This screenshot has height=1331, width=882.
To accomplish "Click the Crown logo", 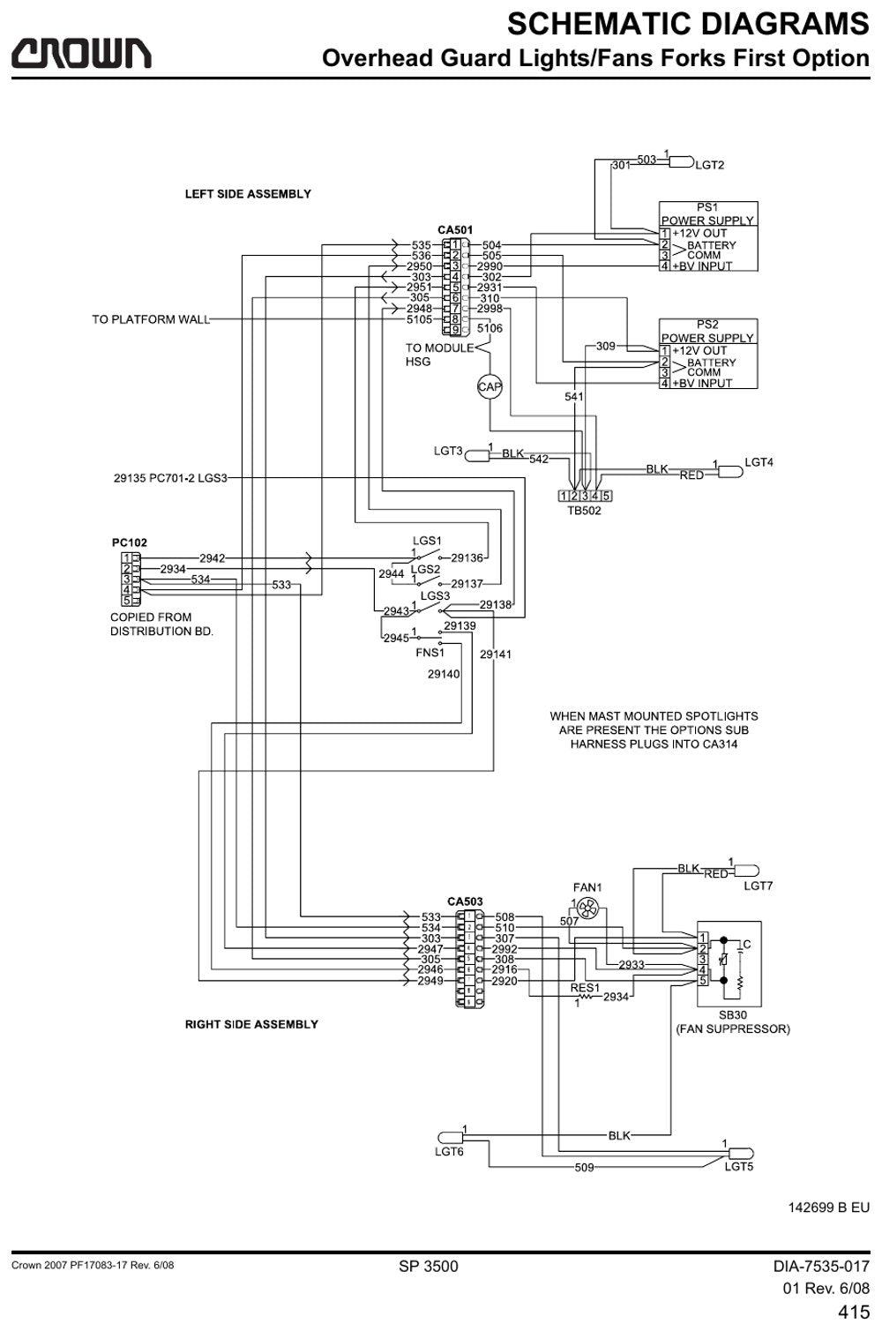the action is point(81,54).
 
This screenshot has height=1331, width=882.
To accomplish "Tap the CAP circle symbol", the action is point(490,387).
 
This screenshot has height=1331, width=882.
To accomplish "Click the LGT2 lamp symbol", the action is point(682,161).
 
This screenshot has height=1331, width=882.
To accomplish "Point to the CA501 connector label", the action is point(455,230).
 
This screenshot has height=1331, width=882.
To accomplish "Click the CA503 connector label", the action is point(465,901).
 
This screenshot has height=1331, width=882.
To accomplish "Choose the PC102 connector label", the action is point(129,542).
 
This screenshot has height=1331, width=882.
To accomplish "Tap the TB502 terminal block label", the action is point(584,511).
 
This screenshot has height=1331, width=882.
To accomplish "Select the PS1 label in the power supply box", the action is point(707,207).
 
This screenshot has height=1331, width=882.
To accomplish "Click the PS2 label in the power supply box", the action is point(707,325).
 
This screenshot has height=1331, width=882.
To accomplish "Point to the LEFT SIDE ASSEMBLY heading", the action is point(248,194).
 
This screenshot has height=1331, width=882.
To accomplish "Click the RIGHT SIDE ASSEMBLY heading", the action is point(251,1024).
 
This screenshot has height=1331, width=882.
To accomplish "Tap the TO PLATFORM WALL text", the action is point(151,319).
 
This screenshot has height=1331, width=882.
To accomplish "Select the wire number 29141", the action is point(495,654).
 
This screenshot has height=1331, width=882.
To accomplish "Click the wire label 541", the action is point(574,396).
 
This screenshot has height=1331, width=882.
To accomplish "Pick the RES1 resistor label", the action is point(585,988).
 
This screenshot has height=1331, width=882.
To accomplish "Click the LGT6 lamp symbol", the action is point(450,1137).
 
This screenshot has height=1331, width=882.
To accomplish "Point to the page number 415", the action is point(854,1312).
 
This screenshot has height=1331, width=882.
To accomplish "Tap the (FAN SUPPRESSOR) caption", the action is point(733,1028).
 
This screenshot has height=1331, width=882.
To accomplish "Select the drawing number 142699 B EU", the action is point(828,1208).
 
